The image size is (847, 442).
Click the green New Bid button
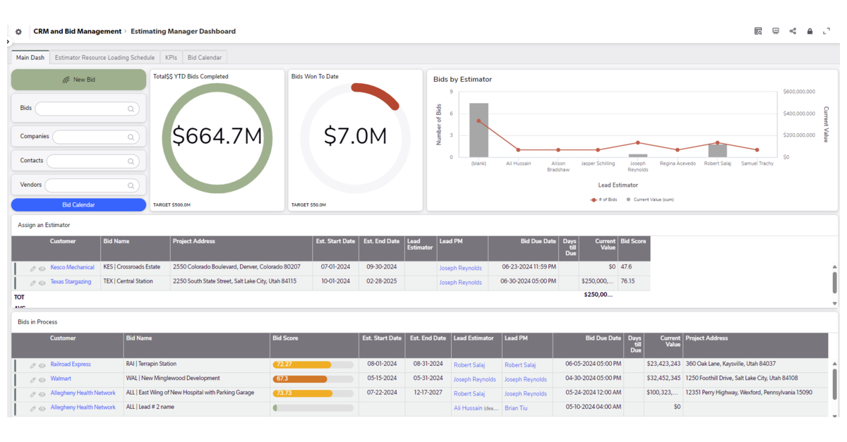tap(78, 80)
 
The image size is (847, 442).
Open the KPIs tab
tap(171, 58)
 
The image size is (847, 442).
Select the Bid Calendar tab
tap(205, 58)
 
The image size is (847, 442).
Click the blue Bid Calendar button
tap(78, 205)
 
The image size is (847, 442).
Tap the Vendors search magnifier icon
tap(131, 185)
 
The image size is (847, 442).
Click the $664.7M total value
tap(217, 136)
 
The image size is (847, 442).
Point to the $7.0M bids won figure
tap(355, 136)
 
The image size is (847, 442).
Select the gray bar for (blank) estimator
tap(479, 130)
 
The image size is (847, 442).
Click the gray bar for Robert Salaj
tap(717, 150)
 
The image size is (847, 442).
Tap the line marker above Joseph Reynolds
tap(637, 143)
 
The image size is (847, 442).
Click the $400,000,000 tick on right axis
tap(799, 113)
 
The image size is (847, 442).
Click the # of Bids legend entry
tap(604, 200)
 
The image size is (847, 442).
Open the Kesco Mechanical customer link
tap(72, 268)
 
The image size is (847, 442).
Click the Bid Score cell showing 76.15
tap(627, 281)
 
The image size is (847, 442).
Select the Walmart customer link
tap(61, 379)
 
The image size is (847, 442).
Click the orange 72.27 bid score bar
tap(302, 365)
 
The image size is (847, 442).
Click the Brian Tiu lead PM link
tap(516, 408)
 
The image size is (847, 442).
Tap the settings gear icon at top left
tap(18, 32)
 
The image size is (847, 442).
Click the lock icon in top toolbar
tap(810, 32)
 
